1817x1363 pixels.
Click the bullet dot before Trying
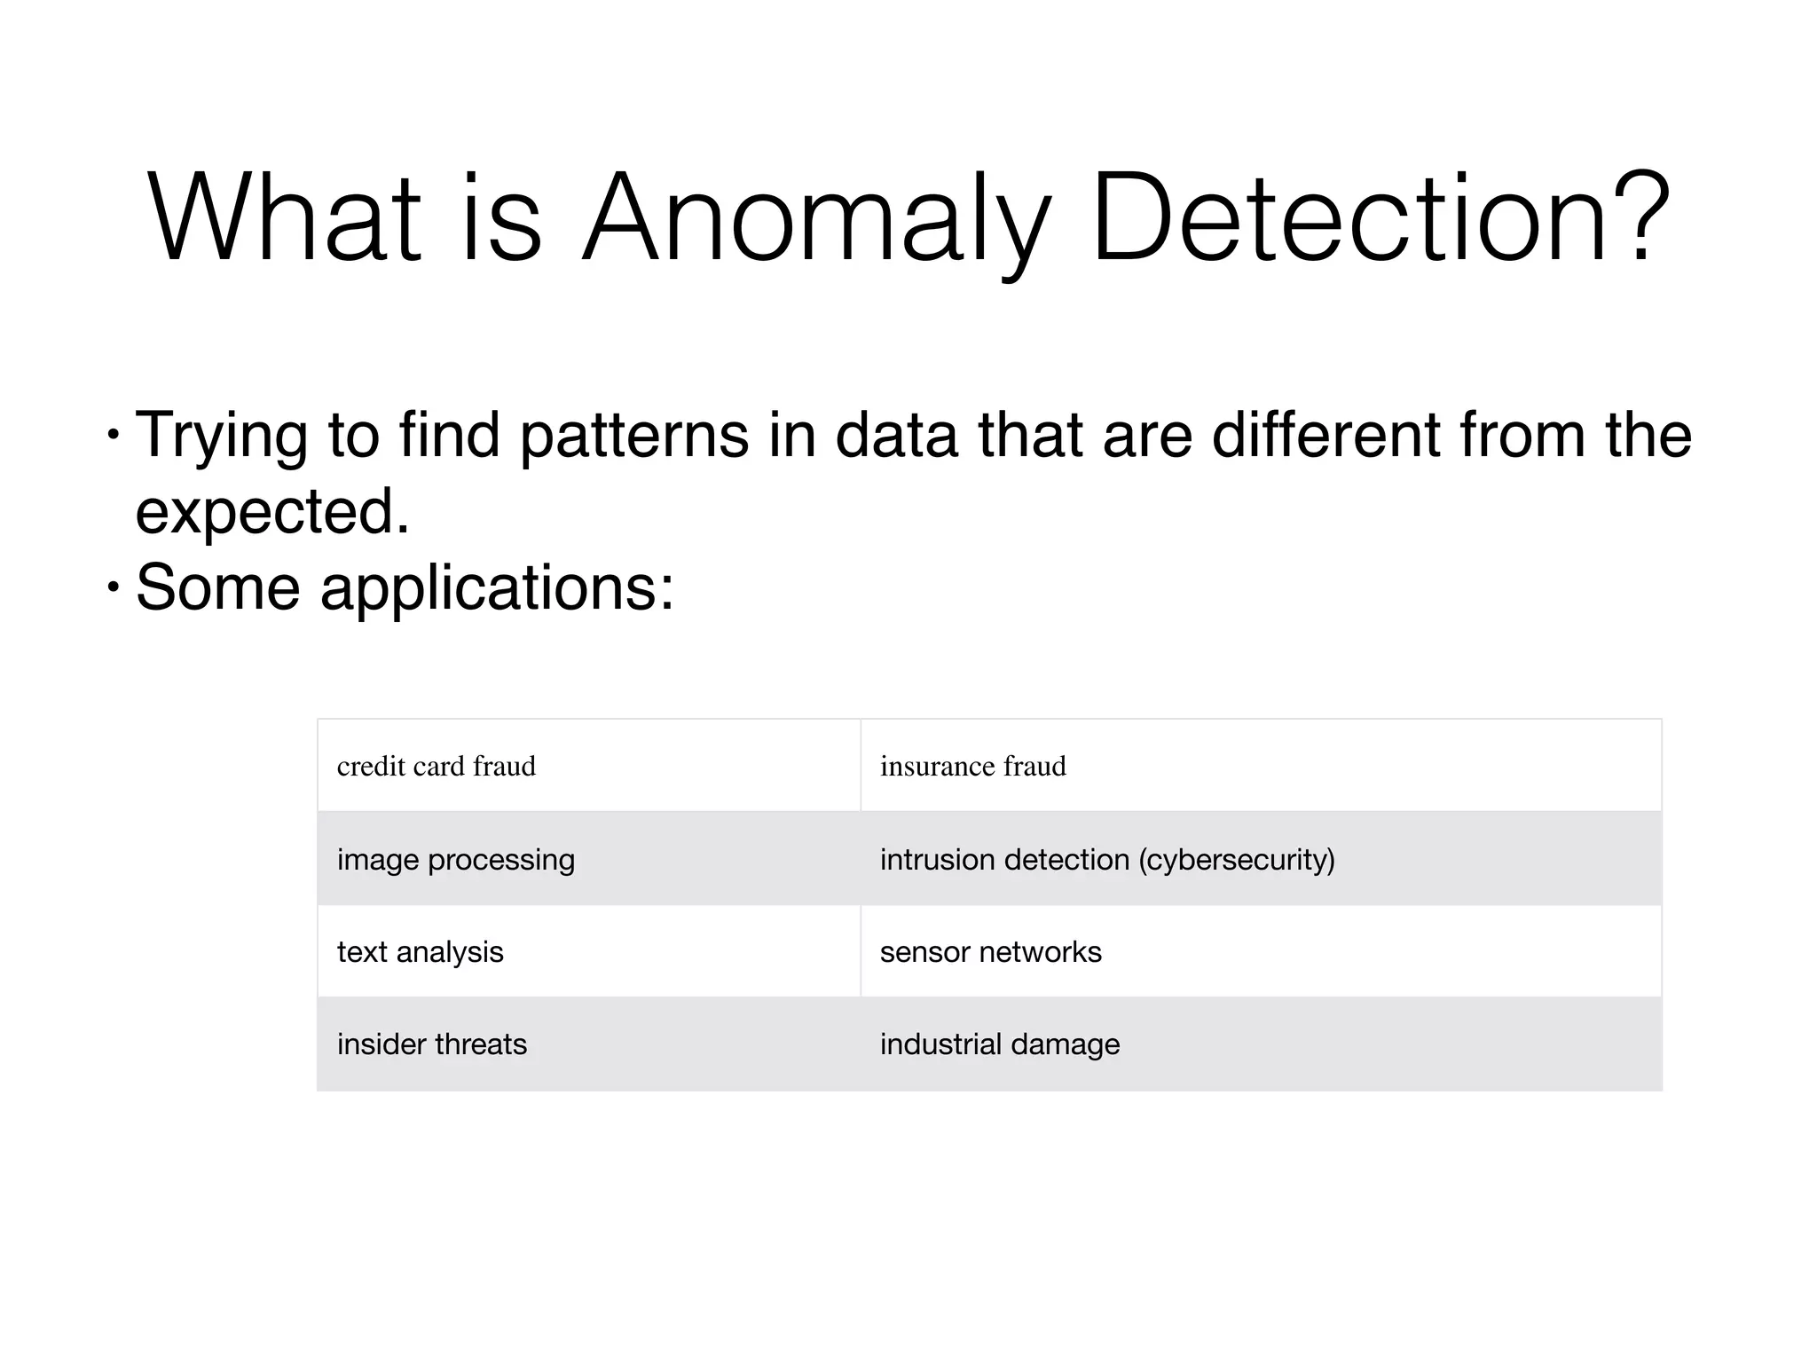[113, 435]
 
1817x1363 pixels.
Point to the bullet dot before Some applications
[113, 587]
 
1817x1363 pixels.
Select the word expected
[272, 512]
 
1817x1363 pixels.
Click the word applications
[497, 588]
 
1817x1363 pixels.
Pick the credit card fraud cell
[437, 766]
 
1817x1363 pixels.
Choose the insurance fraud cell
[972, 766]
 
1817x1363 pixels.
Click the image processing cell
[456, 859]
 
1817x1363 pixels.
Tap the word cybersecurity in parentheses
[1238, 859]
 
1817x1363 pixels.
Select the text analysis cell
[420, 951]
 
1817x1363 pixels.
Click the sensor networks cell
[990, 951]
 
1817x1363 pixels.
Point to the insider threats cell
[432, 1044]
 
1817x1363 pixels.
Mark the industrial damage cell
[999, 1044]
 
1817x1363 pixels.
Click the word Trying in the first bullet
[222, 437]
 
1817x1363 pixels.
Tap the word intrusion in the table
[937, 859]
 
